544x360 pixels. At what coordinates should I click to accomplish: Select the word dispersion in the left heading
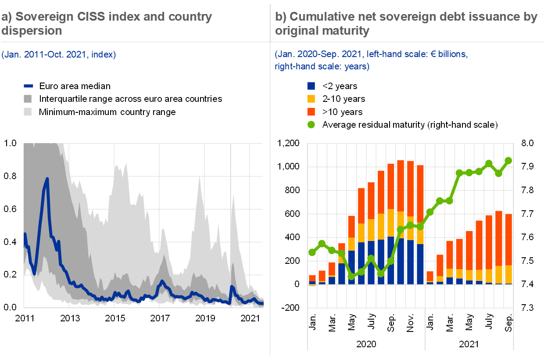coord(31,31)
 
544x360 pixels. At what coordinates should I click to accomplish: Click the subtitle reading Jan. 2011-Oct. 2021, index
coord(58,55)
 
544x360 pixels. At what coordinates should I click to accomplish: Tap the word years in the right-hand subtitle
coord(357,67)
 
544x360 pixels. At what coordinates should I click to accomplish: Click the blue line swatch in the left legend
coord(28,86)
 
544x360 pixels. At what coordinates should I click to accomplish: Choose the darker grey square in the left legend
coord(28,99)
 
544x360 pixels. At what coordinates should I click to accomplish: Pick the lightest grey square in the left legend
coord(28,112)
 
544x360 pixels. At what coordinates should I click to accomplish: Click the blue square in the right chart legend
coord(311,86)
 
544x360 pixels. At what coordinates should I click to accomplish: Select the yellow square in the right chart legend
coord(311,99)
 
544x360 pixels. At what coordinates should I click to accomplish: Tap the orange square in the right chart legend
coord(311,112)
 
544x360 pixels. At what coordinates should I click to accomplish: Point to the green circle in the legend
coord(311,124)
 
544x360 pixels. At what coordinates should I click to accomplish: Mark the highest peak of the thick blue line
coord(47,179)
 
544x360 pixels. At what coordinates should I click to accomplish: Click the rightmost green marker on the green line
coord(508,161)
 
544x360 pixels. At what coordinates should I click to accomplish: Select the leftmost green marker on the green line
coord(312,252)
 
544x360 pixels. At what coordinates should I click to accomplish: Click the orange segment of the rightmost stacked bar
coord(508,239)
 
